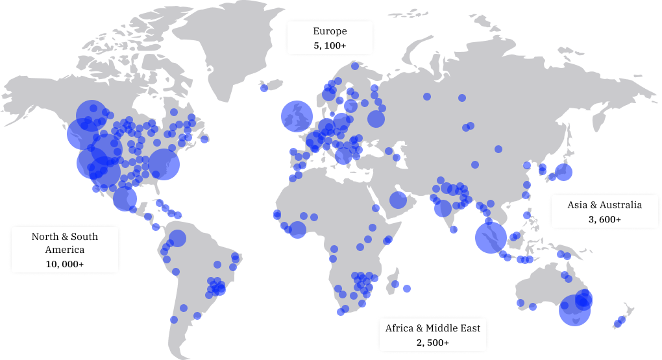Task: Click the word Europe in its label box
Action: click(x=330, y=31)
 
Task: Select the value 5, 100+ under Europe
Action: click(x=330, y=46)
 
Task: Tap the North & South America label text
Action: click(x=65, y=243)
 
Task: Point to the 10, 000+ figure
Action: click(x=65, y=264)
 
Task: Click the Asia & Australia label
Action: click(x=604, y=205)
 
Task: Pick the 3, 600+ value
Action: click(x=604, y=219)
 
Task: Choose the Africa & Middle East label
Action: click(x=433, y=328)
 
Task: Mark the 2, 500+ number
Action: click(x=433, y=342)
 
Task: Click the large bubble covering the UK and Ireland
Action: click(x=297, y=117)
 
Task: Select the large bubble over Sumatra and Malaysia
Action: click(x=491, y=237)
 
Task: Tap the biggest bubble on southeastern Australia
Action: click(x=574, y=310)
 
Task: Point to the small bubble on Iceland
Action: click(x=264, y=88)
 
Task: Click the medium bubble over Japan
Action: click(x=563, y=172)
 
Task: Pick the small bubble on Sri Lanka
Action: click(x=454, y=229)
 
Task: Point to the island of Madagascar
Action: click(x=393, y=283)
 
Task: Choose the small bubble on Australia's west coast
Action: click(x=520, y=302)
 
